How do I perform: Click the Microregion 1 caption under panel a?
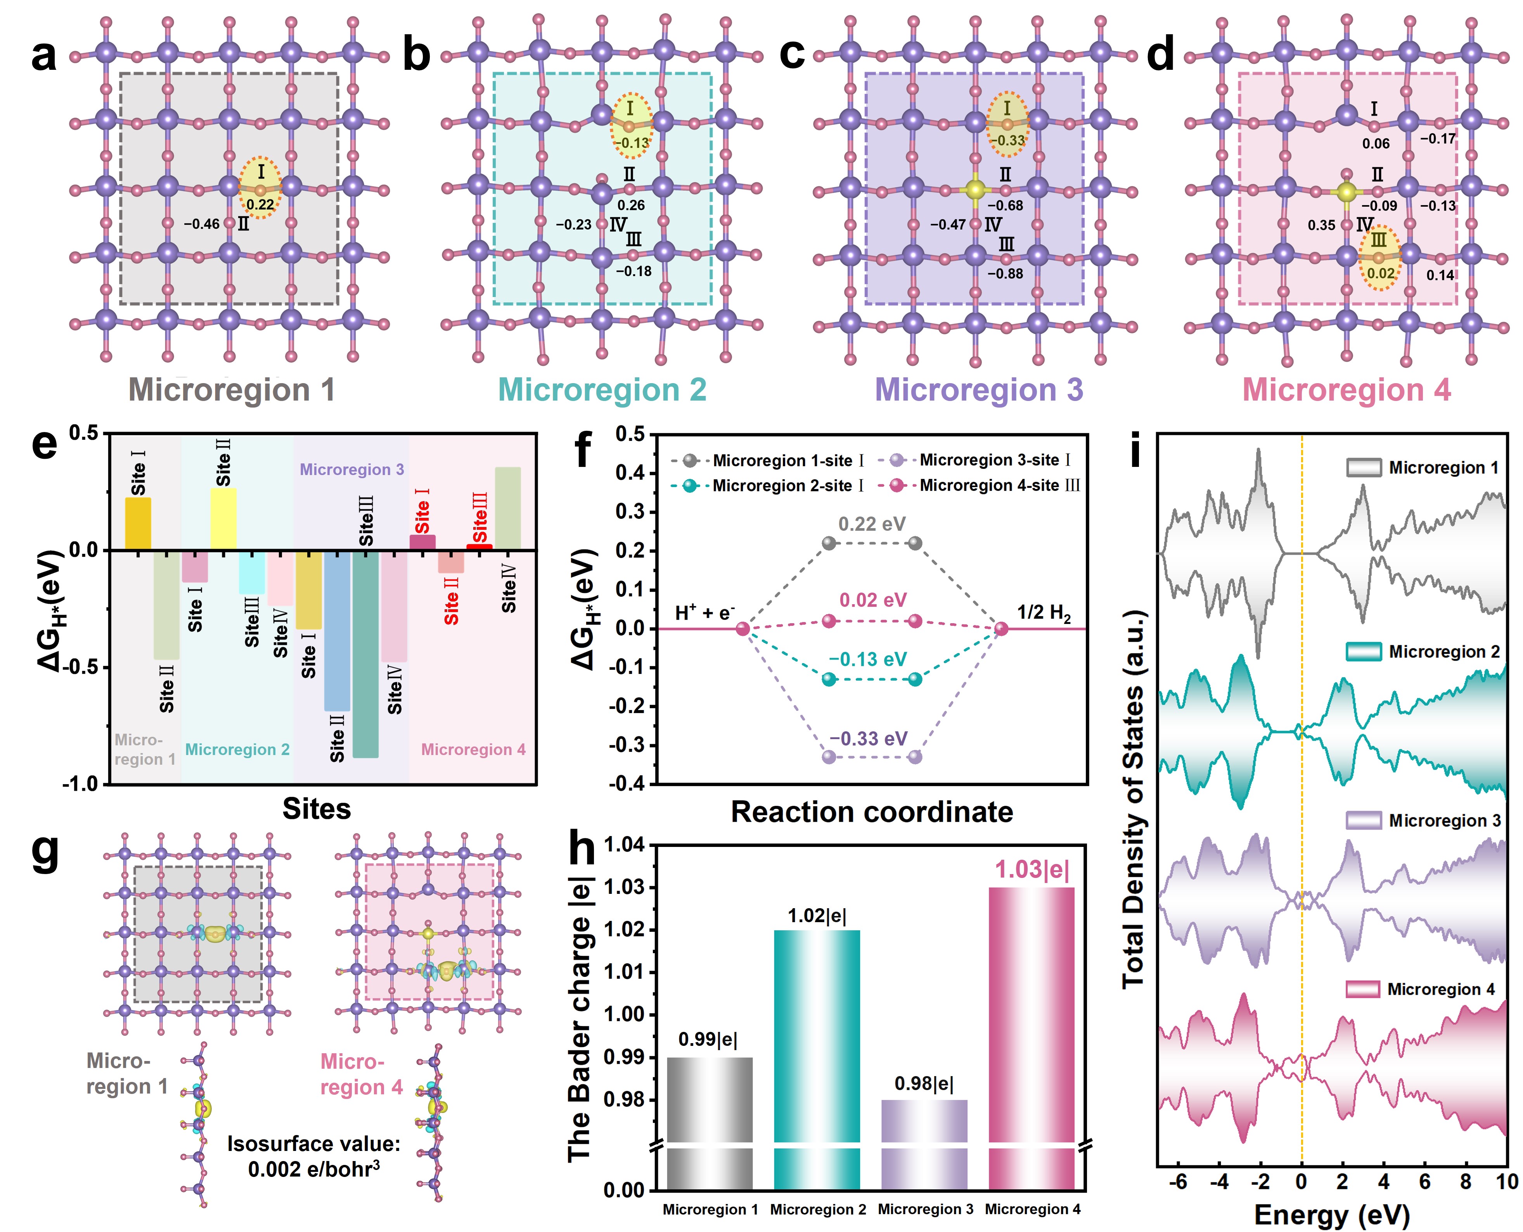[232, 390]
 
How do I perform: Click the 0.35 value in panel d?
[1321, 226]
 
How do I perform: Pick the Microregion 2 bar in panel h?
[817, 1036]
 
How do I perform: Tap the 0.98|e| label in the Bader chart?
[924, 1084]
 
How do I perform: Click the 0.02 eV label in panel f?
[872, 600]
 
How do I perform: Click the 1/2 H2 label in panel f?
[1043, 612]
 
